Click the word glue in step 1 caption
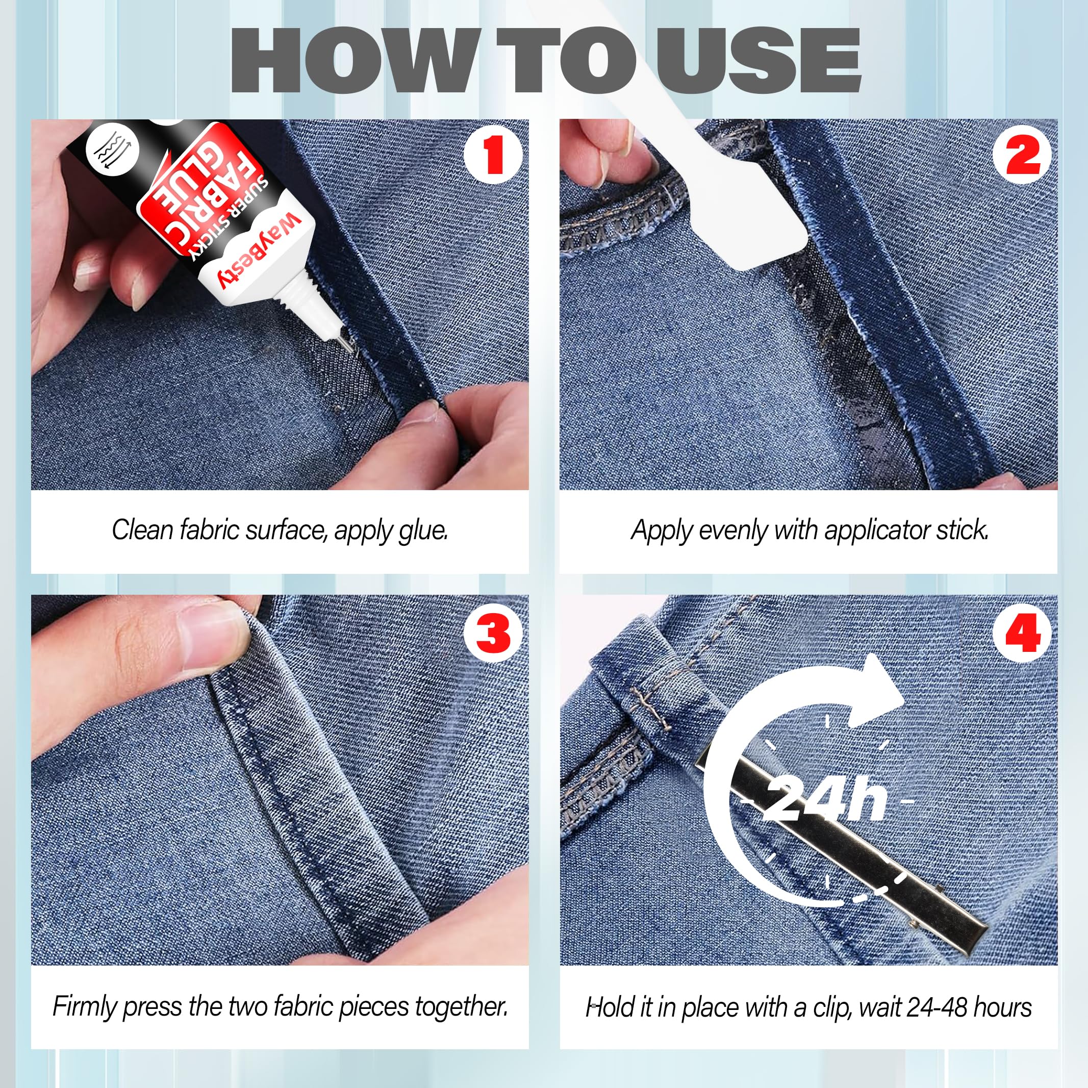(x=422, y=530)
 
